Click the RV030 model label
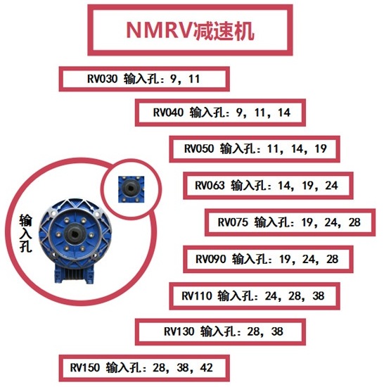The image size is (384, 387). (x=102, y=79)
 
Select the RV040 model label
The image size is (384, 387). (x=168, y=112)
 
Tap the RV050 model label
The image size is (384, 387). (x=199, y=149)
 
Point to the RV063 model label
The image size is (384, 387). (x=210, y=186)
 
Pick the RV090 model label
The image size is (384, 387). (x=210, y=260)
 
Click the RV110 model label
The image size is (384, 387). (x=196, y=296)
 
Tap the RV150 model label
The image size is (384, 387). (x=85, y=367)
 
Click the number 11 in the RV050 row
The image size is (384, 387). (x=274, y=149)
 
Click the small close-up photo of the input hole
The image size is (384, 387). (x=129, y=186)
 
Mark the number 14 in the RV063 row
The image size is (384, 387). (x=285, y=186)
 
